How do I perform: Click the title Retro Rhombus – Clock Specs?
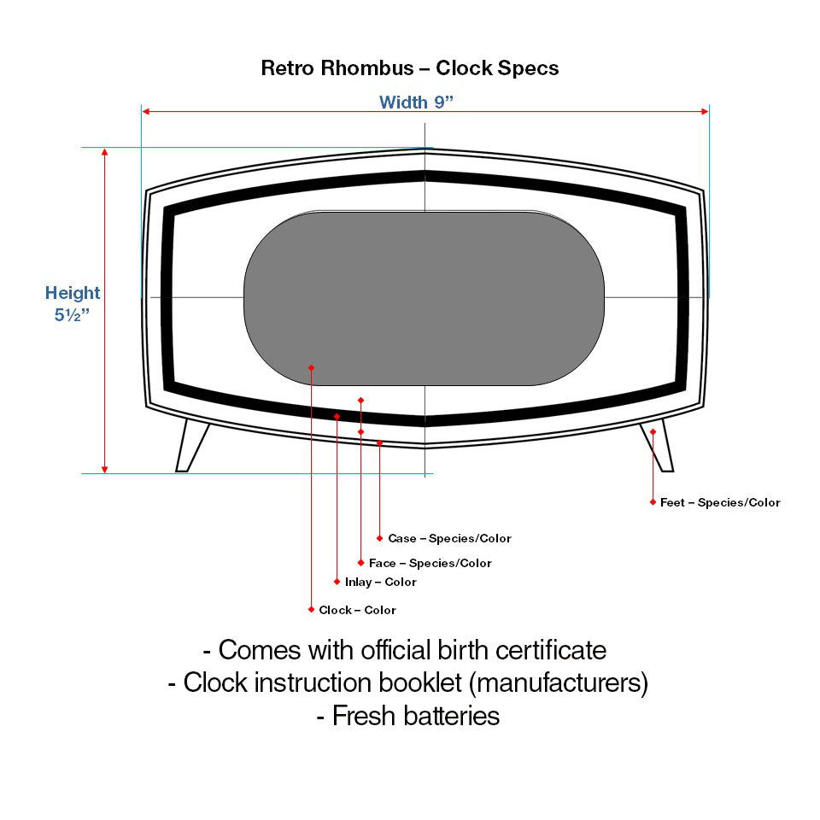[x=410, y=68]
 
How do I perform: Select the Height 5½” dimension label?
[x=73, y=302]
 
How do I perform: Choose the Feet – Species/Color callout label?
[x=720, y=502]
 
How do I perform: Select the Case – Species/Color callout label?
[x=449, y=538]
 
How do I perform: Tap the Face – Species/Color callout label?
[x=430, y=563]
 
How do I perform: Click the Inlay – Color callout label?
[x=380, y=582]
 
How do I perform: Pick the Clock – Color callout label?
[x=357, y=610]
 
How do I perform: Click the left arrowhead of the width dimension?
[x=146, y=111]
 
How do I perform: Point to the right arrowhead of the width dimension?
[x=705, y=111]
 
